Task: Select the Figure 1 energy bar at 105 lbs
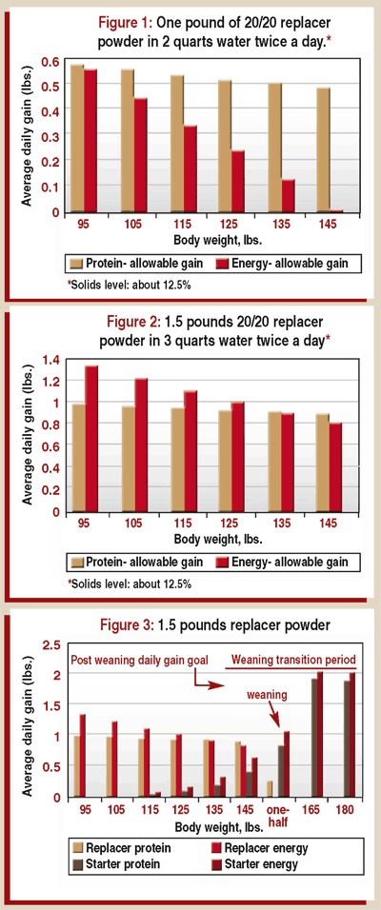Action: (141, 155)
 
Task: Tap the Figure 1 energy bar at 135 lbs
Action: (287, 195)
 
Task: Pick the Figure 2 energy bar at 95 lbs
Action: (91, 438)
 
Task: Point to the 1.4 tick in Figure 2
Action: (50, 360)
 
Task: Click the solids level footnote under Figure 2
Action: (130, 583)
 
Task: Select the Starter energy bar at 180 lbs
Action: (352, 735)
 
